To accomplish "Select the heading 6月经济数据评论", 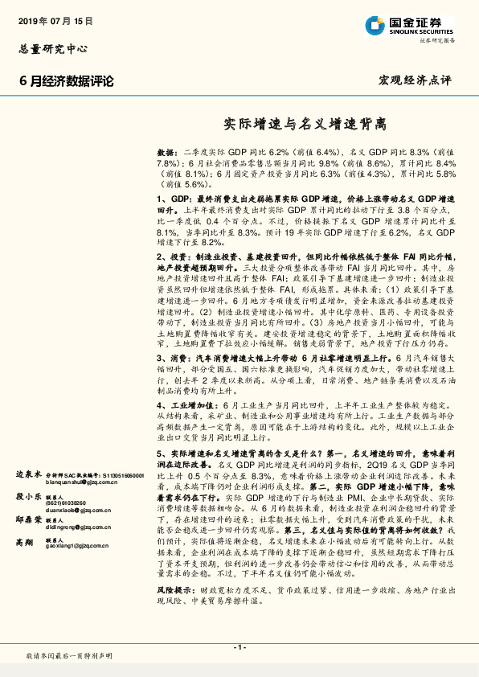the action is [67, 81].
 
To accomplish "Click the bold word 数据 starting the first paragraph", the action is [166, 151].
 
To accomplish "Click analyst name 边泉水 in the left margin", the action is [29, 475].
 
